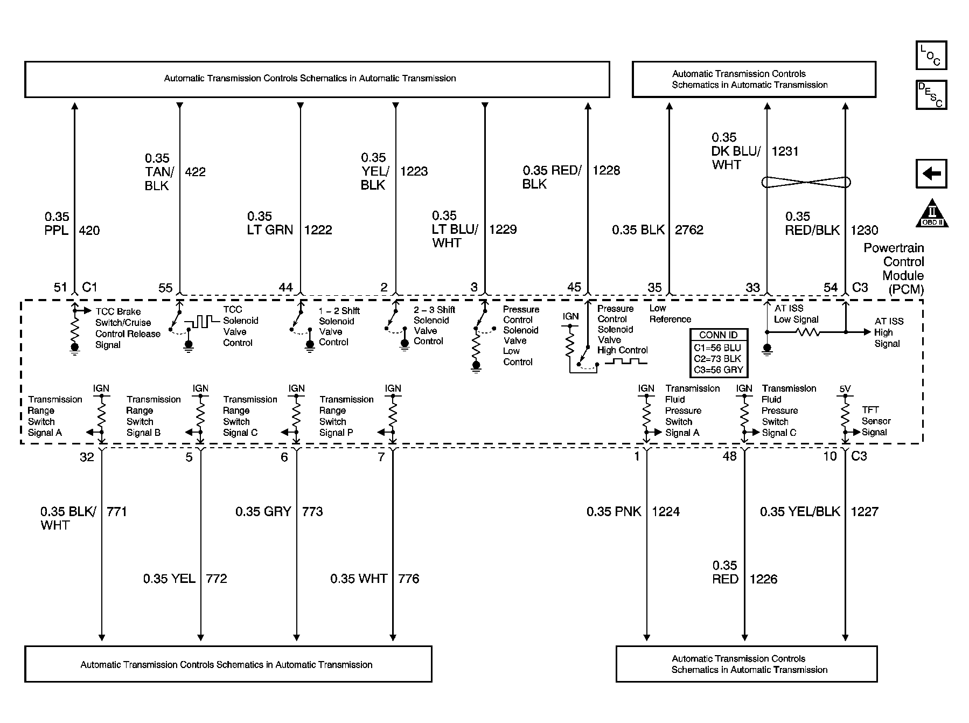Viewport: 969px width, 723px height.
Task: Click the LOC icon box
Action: [931, 55]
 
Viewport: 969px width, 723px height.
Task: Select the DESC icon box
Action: [931, 95]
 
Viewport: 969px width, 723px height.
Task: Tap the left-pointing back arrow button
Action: [931, 173]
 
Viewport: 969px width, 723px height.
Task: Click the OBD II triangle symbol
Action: [931, 214]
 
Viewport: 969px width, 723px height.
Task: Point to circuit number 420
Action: [89, 231]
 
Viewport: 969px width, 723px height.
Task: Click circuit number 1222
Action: [318, 230]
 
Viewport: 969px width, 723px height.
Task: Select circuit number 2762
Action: [689, 230]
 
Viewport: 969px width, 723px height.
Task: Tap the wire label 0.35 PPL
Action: [57, 224]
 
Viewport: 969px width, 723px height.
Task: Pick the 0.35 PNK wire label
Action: [614, 511]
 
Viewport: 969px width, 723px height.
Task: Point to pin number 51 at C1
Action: [60, 287]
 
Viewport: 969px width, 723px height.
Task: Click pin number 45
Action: [574, 287]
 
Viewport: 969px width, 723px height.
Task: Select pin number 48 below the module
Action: [729, 456]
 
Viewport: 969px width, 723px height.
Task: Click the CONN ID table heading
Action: [718, 335]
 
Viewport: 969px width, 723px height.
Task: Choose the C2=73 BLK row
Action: [718, 358]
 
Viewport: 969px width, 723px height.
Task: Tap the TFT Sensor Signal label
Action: [876, 421]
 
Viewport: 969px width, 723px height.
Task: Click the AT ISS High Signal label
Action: [889, 332]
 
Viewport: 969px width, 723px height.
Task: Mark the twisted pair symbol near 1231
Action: [806, 182]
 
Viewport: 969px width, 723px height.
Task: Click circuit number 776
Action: [408, 579]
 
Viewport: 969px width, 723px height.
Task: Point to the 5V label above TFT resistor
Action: [845, 388]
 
